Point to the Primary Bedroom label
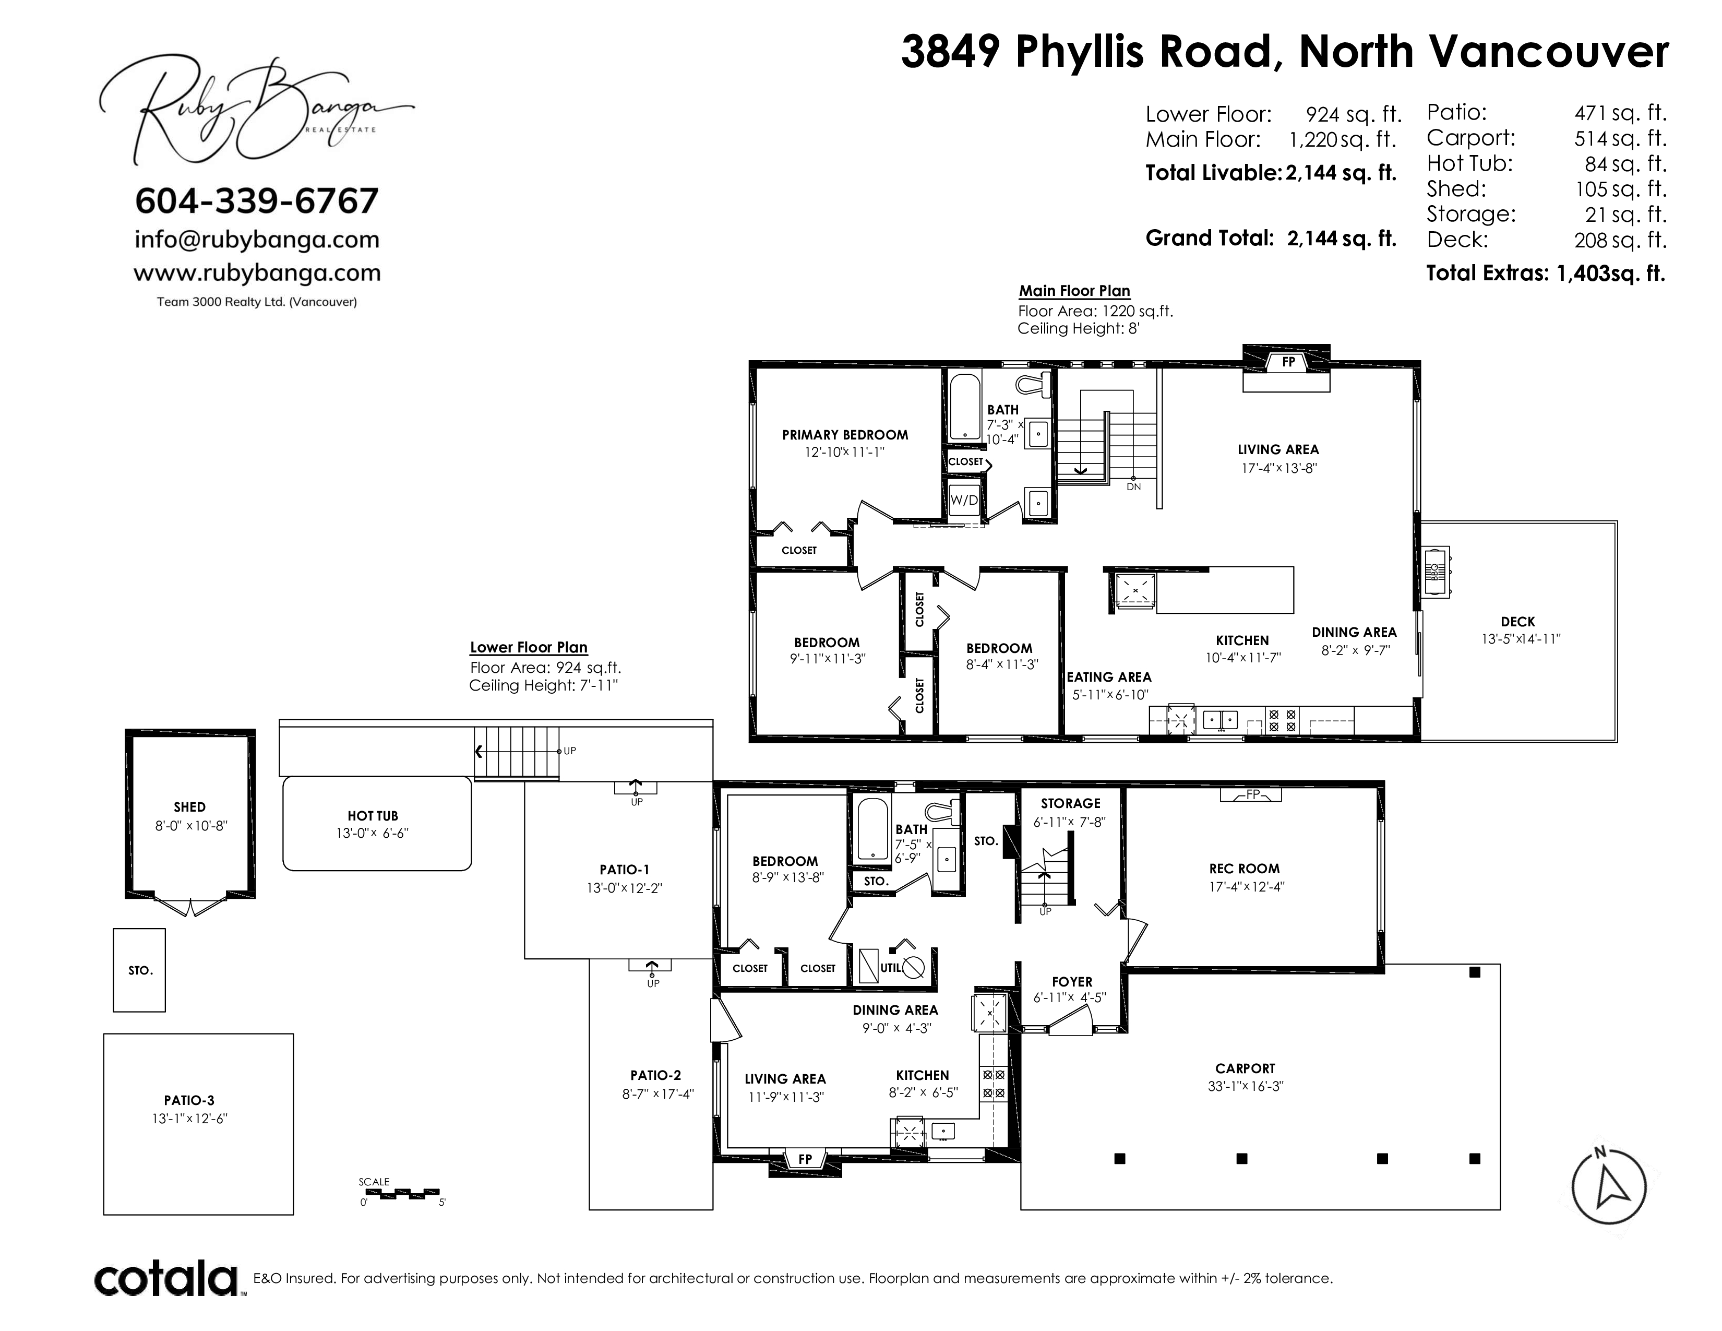tap(844, 434)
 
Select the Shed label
tap(189, 806)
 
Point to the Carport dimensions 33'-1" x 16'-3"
tap(1245, 1086)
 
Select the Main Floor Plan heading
tap(1074, 291)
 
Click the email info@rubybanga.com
tap(257, 239)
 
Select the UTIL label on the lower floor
tap(890, 968)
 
